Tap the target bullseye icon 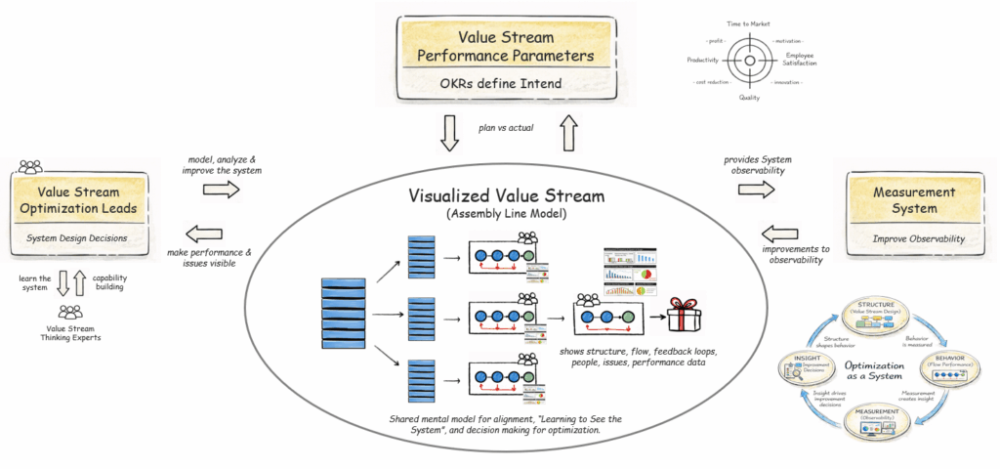(749, 62)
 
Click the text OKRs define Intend (500, 83)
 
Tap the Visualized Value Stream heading (499, 196)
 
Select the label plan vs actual (506, 126)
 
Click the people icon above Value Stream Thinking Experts (70, 313)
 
